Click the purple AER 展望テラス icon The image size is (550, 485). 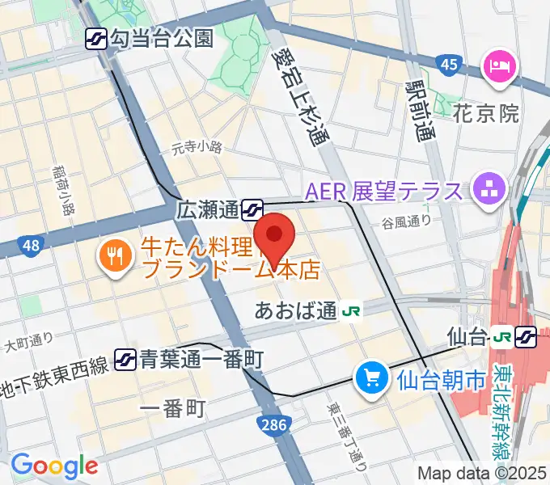[489, 191]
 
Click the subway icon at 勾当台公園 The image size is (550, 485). [97, 36]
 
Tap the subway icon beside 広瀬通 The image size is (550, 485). [252, 210]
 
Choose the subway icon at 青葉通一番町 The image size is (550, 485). [125, 356]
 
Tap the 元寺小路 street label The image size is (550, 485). [197, 148]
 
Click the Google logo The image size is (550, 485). [54, 466]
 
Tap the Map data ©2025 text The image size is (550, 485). [482, 473]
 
